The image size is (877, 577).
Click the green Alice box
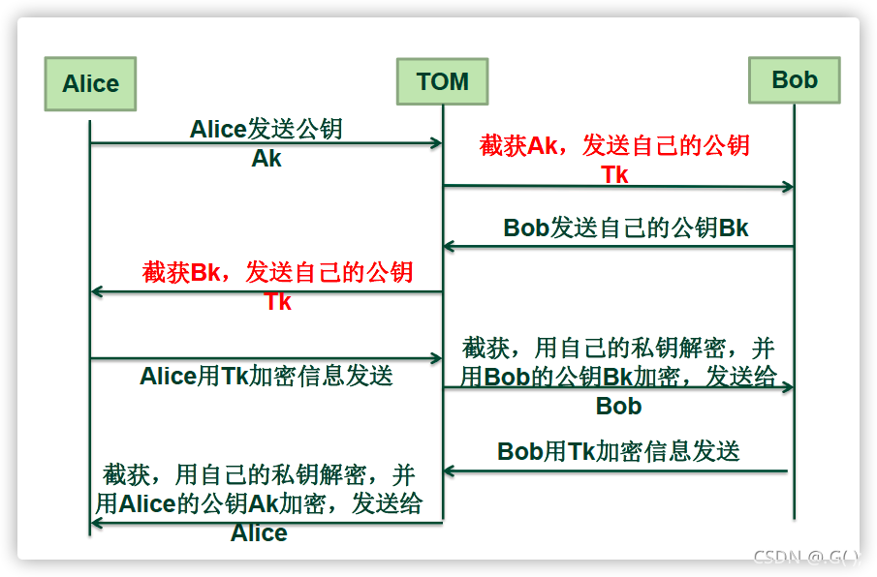point(90,84)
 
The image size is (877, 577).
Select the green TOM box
point(443,81)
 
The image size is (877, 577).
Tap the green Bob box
point(795,80)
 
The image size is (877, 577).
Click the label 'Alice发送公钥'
point(266,129)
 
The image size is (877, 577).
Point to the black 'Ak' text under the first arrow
point(266,159)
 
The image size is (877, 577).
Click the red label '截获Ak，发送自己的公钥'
point(614,145)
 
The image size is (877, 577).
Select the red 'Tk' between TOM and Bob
point(614,175)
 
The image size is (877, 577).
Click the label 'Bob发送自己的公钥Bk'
point(626,228)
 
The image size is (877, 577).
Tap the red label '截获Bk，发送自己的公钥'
point(277,272)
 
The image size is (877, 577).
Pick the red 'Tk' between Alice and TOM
point(277,302)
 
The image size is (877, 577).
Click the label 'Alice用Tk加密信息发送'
point(266,376)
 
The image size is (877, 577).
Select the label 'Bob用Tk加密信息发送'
point(618,451)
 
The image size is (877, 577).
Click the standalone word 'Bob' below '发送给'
point(618,406)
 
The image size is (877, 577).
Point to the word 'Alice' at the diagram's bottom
point(259,532)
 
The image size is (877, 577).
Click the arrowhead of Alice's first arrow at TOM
point(437,143)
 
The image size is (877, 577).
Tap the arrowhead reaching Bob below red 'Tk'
point(788,187)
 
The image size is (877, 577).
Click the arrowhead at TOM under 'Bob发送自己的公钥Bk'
point(449,246)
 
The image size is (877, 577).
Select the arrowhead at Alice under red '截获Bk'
point(97,291)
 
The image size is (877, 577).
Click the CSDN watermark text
point(806,557)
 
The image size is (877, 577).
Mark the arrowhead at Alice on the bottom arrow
point(97,524)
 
